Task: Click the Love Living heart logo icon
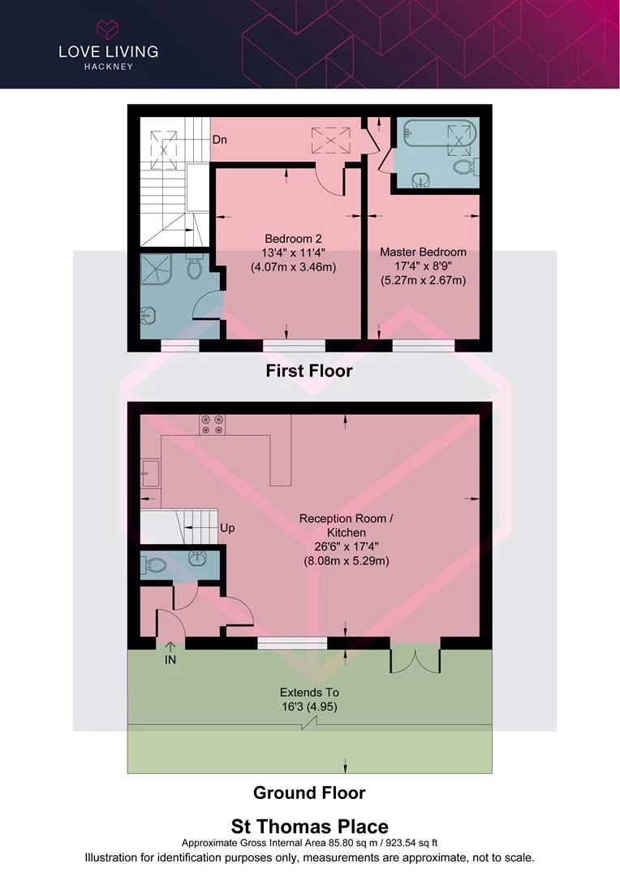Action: point(107,29)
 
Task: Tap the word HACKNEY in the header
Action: point(109,67)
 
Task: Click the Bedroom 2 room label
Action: point(293,239)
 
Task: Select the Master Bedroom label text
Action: point(424,252)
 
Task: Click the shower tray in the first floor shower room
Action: point(155,269)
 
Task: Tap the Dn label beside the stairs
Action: point(219,140)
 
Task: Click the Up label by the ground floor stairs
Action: point(227,528)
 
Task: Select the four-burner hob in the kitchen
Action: point(212,425)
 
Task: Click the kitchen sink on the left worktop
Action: point(150,473)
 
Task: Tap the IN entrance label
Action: point(170,660)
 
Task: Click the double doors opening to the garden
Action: point(415,661)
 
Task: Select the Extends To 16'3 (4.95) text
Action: point(310,700)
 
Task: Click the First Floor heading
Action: point(309,371)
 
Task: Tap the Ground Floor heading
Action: point(309,793)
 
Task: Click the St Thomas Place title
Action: point(310,827)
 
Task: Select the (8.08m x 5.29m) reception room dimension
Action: point(347,561)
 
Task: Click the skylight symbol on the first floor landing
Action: point(330,140)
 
